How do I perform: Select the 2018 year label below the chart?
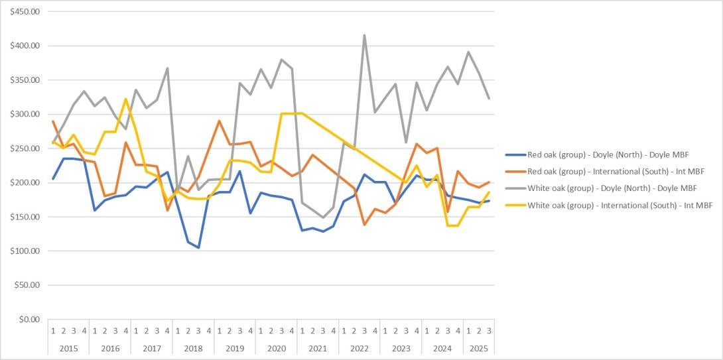click(193, 347)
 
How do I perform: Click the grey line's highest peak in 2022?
click(364, 35)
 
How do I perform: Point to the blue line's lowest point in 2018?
click(198, 247)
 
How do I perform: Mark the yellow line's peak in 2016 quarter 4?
click(126, 99)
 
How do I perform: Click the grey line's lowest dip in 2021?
click(323, 217)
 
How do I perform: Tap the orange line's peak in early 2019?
click(219, 121)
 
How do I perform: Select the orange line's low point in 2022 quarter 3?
click(364, 225)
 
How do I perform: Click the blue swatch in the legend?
click(515, 154)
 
